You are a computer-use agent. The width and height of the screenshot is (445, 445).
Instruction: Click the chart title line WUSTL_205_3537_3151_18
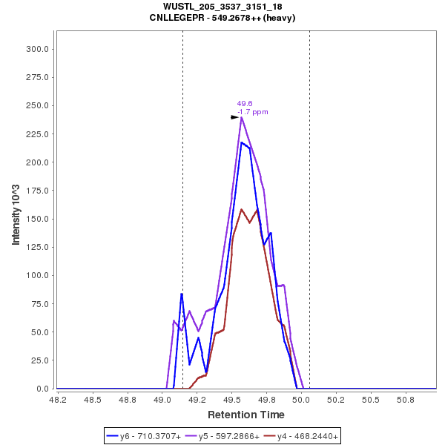[x=222, y=7]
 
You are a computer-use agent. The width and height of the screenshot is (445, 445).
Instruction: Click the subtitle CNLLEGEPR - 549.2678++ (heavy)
[x=222, y=17]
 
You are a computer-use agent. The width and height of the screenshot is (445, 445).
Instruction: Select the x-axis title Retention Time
[x=245, y=415]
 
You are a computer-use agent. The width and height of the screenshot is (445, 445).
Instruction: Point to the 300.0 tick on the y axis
[x=37, y=49]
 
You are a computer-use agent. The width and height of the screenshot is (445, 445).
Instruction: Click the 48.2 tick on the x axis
[x=58, y=399]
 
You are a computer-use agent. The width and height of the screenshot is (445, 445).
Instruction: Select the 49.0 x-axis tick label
[x=162, y=399]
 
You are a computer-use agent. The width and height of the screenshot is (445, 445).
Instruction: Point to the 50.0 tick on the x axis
[x=301, y=399]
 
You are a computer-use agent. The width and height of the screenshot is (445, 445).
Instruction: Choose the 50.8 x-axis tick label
[x=405, y=399]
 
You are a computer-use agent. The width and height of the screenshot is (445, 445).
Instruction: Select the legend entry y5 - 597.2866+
[x=229, y=437]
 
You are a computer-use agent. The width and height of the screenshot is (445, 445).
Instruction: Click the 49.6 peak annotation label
[x=245, y=104]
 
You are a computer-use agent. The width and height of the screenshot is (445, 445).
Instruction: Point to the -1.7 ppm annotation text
[x=252, y=112]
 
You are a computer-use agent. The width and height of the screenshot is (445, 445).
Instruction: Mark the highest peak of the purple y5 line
[x=242, y=117]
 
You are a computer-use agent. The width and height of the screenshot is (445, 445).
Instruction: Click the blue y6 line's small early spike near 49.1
[x=182, y=294]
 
